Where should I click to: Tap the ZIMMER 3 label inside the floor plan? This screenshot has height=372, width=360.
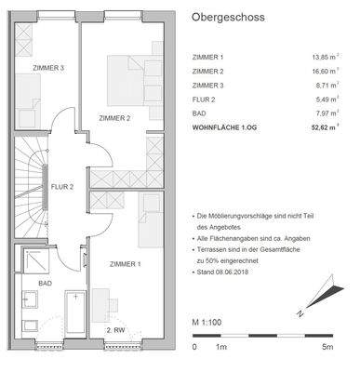(x=48, y=68)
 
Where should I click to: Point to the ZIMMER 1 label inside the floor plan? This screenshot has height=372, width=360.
(x=125, y=264)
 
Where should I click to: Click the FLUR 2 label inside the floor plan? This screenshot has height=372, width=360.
(x=62, y=185)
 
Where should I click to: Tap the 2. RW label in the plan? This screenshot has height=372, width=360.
(x=115, y=329)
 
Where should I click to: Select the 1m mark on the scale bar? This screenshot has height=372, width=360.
(x=220, y=346)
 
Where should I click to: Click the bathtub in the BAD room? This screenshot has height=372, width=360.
(x=73, y=311)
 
